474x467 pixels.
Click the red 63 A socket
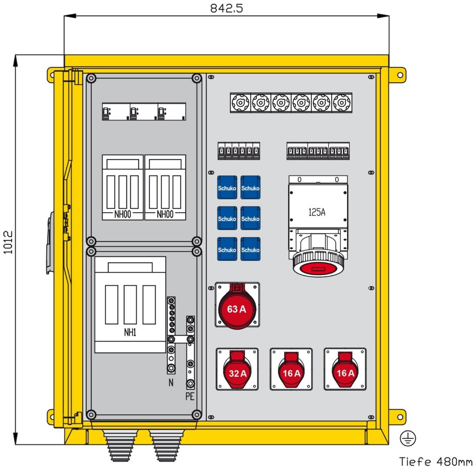tap(237, 306)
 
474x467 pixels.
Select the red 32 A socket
tap(237, 370)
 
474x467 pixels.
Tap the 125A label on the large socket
tap(317, 212)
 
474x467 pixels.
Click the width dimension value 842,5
tap(227, 8)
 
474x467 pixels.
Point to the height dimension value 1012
tap(8, 242)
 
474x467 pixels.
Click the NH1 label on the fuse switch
tap(130, 332)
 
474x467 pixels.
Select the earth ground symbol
tap(408, 438)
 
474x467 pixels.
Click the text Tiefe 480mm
tap(436, 461)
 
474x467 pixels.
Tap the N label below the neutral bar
tap(171, 383)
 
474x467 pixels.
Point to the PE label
tap(190, 397)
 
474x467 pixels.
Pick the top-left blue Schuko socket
tap(227, 187)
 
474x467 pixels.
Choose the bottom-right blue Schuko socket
tap(251, 249)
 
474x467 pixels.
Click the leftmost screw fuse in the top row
tap(240, 103)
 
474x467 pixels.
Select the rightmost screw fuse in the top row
tap(342, 103)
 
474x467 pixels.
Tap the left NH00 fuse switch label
tap(123, 214)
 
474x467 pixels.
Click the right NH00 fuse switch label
tap(165, 214)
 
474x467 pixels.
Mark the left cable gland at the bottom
tap(120, 445)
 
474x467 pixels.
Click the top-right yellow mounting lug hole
tap(400, 75)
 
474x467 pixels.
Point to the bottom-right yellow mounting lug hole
tap(400, 417)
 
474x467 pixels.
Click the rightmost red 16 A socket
tap(345, 370)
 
